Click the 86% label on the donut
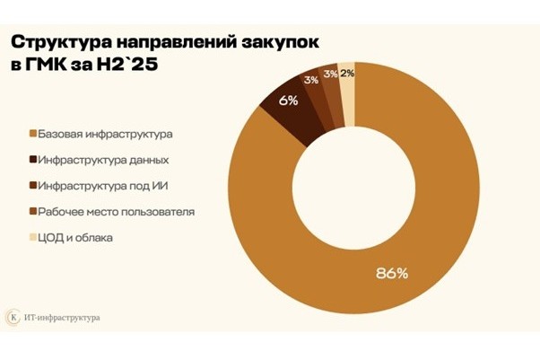pyautogui.click(x=391, y=272)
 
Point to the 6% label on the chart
pyautogui.click(x=288, y=101)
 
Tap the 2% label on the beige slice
pyautogui.click(x=347, y=74)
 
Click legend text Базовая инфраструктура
pyautogui.click(x=104, y=135)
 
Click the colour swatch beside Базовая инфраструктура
pyautogui.click(x=33, y=135)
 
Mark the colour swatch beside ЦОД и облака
pyautogui.click(x=33, y=238)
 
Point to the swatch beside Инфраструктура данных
pyautogui.click(x=33, y=161)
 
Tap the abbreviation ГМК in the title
pyautogui.click(x=52, y=66)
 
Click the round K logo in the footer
pyautogui.click(x=14, y=317)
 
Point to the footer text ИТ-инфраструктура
pyautogui.click(x=65, y=317)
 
